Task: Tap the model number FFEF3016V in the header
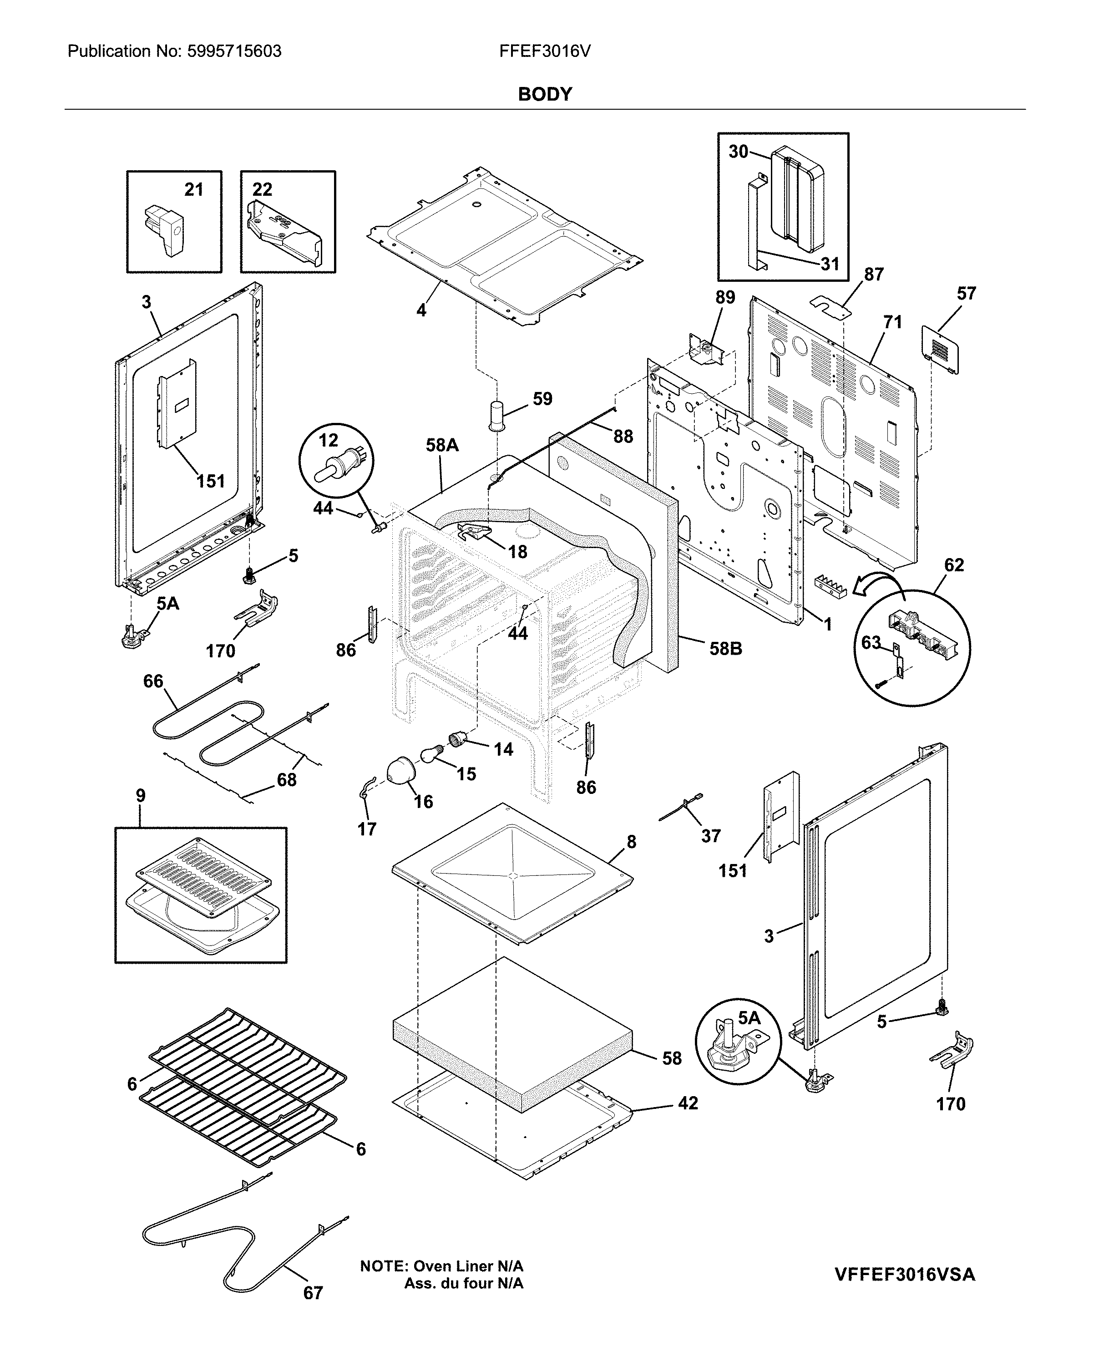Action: tap(545, 51)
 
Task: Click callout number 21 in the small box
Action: tap(193, 189)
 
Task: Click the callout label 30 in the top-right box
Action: tap(738, 152)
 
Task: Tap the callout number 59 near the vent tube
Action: tap(542, 399)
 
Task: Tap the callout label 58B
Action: tap(726, 649)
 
